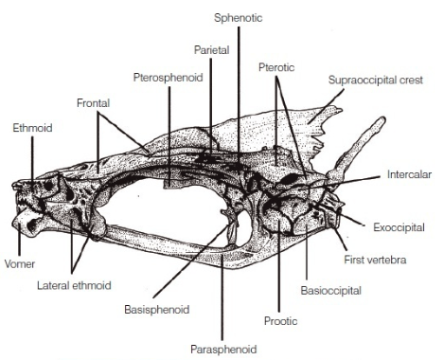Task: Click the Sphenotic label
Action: pyautogui.click(x=239, y=18)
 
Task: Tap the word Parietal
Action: pyautogui.click(x=211, y=50)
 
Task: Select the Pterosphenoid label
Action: pyautogui.click(x=168, y=78)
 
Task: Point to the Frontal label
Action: pyautogui.click(x=93, y=103)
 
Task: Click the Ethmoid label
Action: pyautogui.click(x=32, y=128)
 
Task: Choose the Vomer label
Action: pyautogui.click(x=20, y=264)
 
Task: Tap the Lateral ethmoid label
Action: pyautogui.click(x=74, y=285)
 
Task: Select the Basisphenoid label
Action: pyautogui.click(x=157, y=309)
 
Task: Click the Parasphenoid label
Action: pyautogui.click(x=223, y=350)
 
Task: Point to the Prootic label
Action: pyautogui.click(x=280, y=321)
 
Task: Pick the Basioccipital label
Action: pyautogui.click(x=330, y=291)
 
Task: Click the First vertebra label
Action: pyautogui.click(x=375, y=260)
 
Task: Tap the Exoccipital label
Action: pyautogui.click(x=399, y=227)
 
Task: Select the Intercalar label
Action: pyautogui.click(x=409, y=174)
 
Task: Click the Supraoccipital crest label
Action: pyautogui.click(x=376, y=80)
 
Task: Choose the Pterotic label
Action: pyautogui.click(x=276, y=67)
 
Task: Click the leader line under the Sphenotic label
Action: pyautogui.click(x=239, y=96)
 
